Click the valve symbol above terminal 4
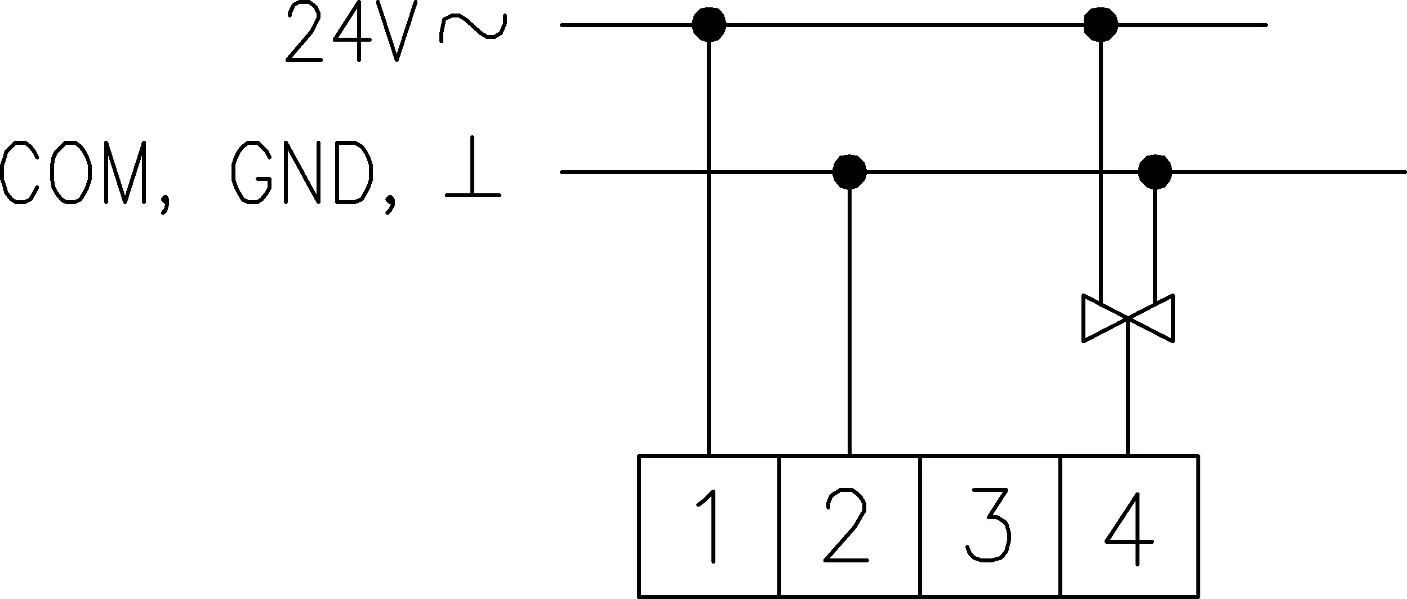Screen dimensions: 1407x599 click(1128, 318)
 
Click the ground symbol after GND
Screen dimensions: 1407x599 click(473, 166)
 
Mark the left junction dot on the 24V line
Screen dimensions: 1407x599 click(709, 25)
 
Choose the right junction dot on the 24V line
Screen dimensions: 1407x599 click(1101, 25)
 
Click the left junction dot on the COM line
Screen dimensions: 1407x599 click(849, 171)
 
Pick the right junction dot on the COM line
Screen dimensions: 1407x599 click(1155, 171)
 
